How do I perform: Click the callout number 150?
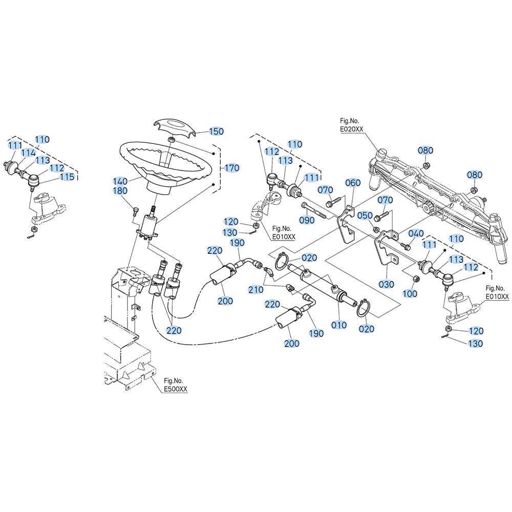(x=216, y=131)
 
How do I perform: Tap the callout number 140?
(x=120, y=181)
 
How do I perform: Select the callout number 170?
(x=232, y=168)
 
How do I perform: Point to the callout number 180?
(x=120, y=190)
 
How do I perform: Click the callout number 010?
(x=339, y=325)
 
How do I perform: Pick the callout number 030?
(x=386, y=284)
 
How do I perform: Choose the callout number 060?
(x=353, y=183)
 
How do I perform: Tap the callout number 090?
(x=307, y=220)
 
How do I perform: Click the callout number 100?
(x=410, y=293)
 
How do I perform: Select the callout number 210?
(x=255, y=290)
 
